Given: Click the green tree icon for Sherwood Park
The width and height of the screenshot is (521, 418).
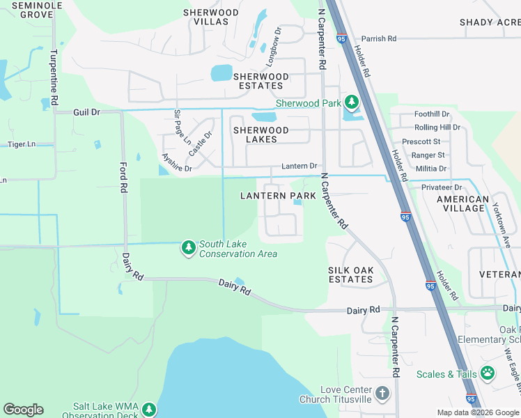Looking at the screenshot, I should coord(351,103).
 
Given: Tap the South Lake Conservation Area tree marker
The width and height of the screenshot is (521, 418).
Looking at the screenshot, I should coord(188,248).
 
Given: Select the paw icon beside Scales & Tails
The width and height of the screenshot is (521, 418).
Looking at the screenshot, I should coord(488,374).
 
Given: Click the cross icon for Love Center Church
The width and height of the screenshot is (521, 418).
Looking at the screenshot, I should coord(382,394).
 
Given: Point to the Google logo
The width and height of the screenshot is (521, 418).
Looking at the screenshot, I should coord(23,410).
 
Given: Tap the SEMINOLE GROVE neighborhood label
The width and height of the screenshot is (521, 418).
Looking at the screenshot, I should coord(27,9).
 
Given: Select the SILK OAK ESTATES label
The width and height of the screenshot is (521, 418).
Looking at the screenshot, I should coord(350,274).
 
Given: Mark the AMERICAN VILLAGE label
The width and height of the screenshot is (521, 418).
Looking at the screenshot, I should coord(462,203).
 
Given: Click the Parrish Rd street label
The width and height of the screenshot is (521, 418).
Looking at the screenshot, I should coord(378,38).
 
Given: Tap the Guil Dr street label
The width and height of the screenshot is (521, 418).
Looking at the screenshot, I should coord(87,111).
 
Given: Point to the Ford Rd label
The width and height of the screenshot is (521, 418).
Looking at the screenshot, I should coord(123,178).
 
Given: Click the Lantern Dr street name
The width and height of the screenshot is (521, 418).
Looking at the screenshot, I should coord(299,167).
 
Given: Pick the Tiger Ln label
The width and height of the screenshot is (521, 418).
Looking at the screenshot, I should coord(21,144).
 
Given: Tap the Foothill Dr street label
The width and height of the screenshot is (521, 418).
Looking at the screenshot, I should coord(432,114).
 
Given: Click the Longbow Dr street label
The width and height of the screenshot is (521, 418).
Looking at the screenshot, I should coord(272,47).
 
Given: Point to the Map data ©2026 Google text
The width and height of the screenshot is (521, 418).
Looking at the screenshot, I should coord(477,412).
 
